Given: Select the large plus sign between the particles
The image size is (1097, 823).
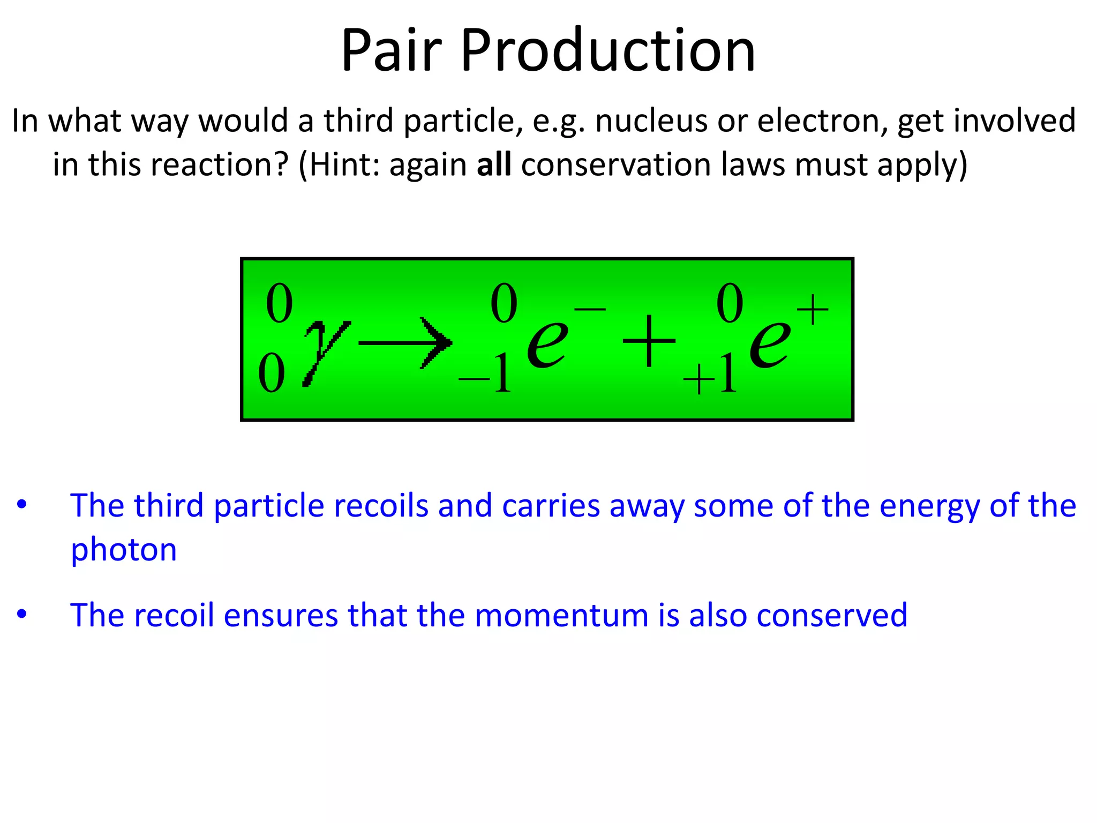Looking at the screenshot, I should point(649,341).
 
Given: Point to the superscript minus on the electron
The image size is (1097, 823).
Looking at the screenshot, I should point(590,309).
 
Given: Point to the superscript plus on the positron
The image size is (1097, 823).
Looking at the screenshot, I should point(812,309).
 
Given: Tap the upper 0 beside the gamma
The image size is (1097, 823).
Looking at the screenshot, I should point(279,304).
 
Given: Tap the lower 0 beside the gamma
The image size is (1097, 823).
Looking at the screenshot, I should point(272,373).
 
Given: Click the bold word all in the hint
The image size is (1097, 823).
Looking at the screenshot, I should point(494,164).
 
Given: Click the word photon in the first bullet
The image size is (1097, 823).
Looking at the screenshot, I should point(124,551).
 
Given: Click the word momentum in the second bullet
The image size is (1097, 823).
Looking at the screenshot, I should point(561,615).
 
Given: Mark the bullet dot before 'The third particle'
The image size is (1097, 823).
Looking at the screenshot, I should point(21,505).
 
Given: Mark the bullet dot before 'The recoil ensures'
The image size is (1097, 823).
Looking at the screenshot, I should point(21,615).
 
